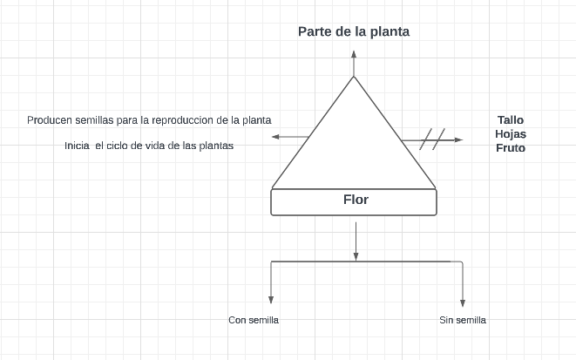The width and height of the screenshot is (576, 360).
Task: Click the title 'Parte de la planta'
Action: (x=354, y=31)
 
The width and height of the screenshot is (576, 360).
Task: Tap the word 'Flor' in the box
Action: (x=356, y=200)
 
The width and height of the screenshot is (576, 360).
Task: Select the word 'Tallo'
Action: (x=511, y=120)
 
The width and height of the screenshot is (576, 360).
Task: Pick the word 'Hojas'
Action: (x=511, y=134)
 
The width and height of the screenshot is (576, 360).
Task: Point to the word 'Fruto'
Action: (x=511, y=148)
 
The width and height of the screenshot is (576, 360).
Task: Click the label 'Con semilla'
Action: (x=254, y=321)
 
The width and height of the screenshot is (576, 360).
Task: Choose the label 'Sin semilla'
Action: (x=463, y=321)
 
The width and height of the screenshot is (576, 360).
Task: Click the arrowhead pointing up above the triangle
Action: (x=354, y=53)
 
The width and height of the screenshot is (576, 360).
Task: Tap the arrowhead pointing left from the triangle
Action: (x=275, y=137)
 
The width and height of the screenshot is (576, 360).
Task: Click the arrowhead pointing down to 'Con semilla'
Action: (x=273, y=301)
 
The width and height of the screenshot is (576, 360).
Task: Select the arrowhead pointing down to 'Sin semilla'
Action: (x=462, y=301)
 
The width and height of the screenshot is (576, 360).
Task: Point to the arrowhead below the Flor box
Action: (x=356, y=255)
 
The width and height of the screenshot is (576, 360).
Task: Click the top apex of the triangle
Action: (x=354, y=77)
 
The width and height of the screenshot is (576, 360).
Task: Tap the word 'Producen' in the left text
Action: (x=49, y=119)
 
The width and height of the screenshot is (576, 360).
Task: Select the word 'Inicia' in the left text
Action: (x=78, y=146)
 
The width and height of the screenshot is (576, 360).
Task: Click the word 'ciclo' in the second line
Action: (x=125, y=146)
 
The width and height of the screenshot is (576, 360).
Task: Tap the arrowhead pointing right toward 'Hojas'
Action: (x=458, y=139)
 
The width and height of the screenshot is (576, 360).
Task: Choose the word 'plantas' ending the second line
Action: (x=217, y=146)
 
